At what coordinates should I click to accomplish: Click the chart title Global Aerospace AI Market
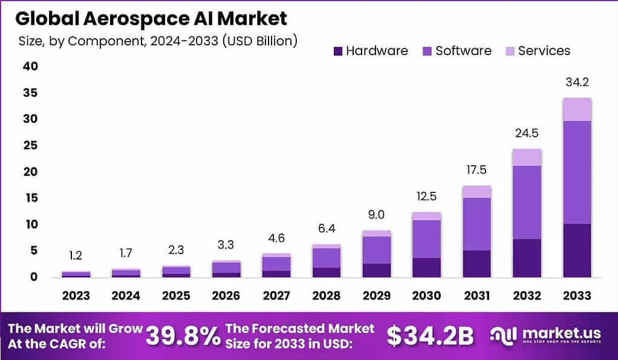[x=151, y=19]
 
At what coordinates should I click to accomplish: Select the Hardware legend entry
[x=371, y=51]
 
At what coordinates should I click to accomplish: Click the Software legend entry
[x=456, y=51]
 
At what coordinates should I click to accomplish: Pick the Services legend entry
[x=538, y=51]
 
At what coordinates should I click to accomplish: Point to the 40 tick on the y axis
[x=30, y=67]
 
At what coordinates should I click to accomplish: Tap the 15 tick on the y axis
[x=30, y=198]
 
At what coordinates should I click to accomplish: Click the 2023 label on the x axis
[x=76, y=296]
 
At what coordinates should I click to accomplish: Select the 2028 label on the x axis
[x=327, y=296]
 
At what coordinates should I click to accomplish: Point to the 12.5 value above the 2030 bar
[x=427, y=197]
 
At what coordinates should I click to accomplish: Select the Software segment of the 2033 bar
[x=577, y=172]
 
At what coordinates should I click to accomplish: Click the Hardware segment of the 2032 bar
[x=527, y=258]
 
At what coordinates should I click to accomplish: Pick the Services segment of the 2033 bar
[x=577, y=110]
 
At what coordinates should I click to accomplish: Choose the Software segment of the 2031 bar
[x=477, y=224]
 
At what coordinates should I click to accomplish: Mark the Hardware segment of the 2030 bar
[x=427, y=267]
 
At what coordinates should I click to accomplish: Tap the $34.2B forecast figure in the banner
[x=431, y=336]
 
